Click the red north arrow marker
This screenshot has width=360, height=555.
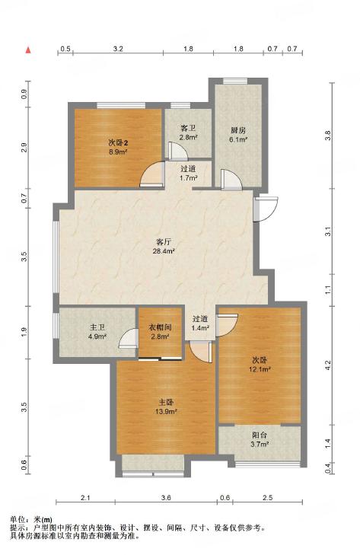coord(28,50)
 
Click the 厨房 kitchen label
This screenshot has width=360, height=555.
coord(238,130)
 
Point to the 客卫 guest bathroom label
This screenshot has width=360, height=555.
coord(188,128)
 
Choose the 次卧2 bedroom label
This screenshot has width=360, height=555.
coord(118,143)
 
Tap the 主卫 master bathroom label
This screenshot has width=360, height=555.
coord(97,328)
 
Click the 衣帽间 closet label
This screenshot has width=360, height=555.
coord(160,328)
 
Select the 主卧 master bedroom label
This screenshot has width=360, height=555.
coord(166,403)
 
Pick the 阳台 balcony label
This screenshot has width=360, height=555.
coord(260,435)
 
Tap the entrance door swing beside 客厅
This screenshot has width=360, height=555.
coord(266,209)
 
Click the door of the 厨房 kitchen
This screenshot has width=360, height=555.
coord(231,180)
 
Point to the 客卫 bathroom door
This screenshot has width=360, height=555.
coord(178,151)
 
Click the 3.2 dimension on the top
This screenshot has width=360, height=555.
coord(118,49)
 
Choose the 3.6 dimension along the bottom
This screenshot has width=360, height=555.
coord(166,498)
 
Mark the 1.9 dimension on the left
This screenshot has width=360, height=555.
coord(24,332)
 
